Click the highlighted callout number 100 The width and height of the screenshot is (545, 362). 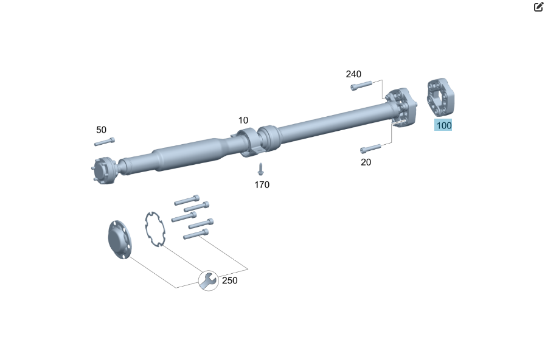tap(443, 125)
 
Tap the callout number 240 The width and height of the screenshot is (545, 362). tap(353, 74)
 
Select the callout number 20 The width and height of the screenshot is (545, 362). tap(366, 162)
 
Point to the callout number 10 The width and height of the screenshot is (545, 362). tap(243, 120)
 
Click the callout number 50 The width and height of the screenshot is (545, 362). tap(101, 130)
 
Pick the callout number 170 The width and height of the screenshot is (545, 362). tap(262, 185)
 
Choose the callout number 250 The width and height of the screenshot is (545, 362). tap(229, 280)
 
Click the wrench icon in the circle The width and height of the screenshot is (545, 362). tap(208, 280)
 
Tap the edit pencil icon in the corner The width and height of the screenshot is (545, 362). tap(538, 7)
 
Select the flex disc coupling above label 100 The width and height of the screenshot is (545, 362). tap(440, 96)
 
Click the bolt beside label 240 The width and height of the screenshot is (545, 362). tap(361, 86)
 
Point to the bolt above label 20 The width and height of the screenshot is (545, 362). tap(370, 148)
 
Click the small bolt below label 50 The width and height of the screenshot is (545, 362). tap(104, 142)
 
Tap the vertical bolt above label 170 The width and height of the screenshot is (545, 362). tap(260, 169)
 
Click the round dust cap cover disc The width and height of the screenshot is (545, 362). tap(120, 240)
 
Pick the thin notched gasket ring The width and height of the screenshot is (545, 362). tap(155, 229)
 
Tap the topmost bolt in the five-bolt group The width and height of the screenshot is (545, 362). tap(187, 200)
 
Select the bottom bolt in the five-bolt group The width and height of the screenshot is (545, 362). tap(196, 234)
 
